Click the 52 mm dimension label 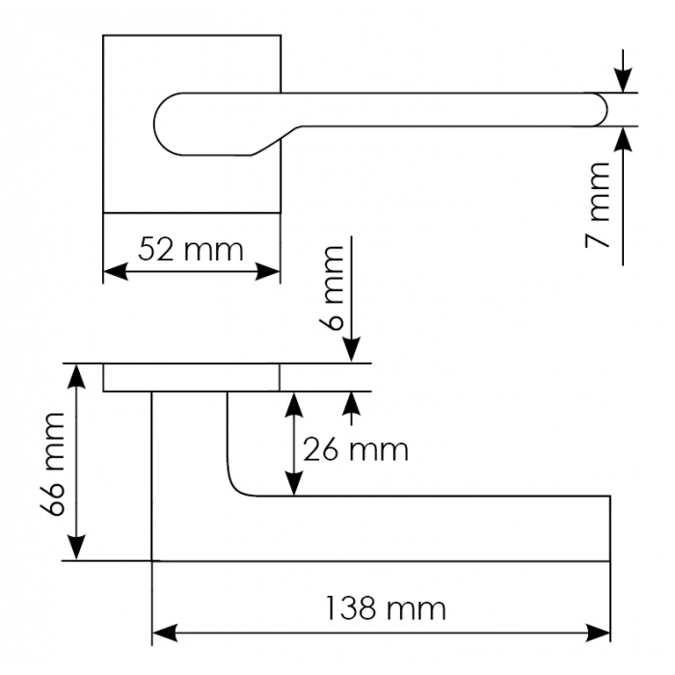[x=190, y=251]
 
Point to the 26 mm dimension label [x=355, y=449]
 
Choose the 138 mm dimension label [x=385, y=608]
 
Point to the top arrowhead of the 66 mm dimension [x=77, y=375]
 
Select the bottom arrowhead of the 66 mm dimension [x=77, y=549]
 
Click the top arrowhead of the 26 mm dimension [x=293, y=403]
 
